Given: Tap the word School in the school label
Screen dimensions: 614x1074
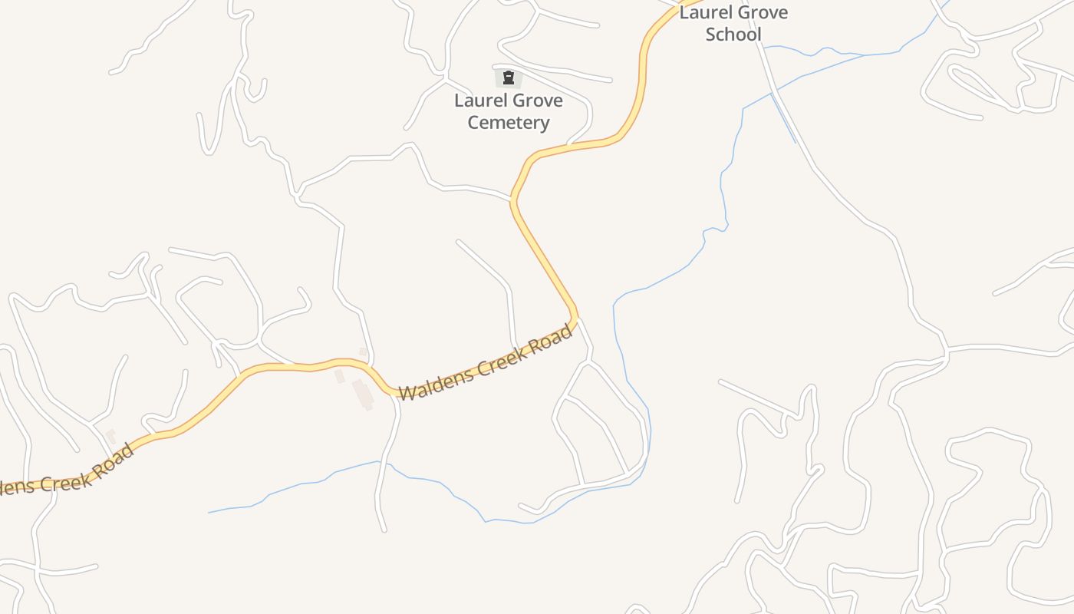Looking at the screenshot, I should tap(733, 35).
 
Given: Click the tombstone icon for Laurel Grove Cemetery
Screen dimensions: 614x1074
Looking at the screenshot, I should tap(508, 78).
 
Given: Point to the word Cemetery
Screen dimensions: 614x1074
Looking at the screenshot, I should tap(509, 123).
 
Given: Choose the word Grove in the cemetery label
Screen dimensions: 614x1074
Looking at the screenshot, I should tap(538, 101).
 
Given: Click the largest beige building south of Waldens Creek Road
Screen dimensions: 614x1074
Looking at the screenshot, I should tap(363, 394).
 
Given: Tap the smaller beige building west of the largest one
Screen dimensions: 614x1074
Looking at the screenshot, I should tap(339, 376).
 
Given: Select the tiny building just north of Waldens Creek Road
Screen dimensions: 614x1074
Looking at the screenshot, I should tap(363, 352).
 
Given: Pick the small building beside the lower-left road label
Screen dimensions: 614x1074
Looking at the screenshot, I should tap(111, 437).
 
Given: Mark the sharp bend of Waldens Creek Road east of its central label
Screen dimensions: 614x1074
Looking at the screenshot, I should tap(575, 315).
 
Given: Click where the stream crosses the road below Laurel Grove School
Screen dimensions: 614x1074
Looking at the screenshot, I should tap(772, 94).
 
